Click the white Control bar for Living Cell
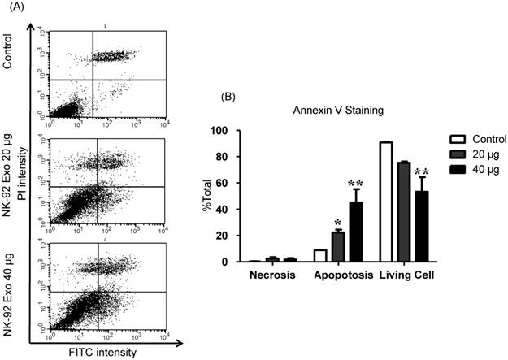385,202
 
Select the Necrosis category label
271,274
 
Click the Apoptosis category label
339,274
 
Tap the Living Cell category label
406,274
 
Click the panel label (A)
14,9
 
